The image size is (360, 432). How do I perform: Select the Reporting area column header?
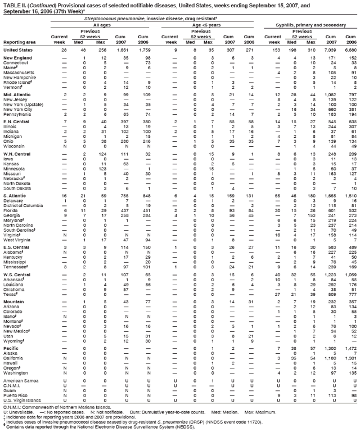(17, 42)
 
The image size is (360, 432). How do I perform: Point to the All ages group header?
(102, 25)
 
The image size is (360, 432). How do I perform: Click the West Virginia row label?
(17, 241)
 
